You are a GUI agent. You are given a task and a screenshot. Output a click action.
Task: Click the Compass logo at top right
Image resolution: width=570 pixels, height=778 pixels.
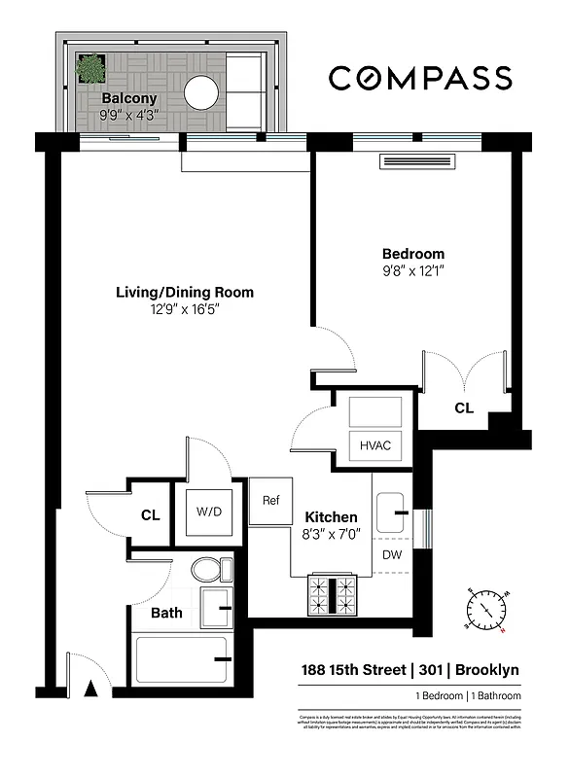click(x=419, y=78)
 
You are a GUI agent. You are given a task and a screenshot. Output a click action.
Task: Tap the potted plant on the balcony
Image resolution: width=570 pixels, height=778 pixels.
click(x=91, y=69)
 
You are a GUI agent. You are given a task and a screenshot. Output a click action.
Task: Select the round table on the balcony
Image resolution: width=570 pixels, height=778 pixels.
click(x=203, y=93)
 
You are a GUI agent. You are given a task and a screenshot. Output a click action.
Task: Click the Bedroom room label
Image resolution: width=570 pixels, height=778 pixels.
click(x=412, y=254)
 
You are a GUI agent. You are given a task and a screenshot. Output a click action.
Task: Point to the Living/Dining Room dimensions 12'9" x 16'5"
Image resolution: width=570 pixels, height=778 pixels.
click(x=185, y=310)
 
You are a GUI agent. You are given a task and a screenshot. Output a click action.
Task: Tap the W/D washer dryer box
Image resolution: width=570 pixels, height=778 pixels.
click(x=208, y=512)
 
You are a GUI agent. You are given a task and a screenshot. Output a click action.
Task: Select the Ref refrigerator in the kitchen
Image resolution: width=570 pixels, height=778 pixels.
click(x=270, y=501)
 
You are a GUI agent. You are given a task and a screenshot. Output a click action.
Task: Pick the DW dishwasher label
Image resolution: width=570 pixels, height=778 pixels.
click(x=392, y=554)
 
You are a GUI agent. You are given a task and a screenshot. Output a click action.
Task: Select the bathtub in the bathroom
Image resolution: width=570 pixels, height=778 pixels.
click(x=181, y=659)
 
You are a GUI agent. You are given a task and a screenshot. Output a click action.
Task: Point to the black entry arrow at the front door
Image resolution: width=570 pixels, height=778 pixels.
click(x=91, y=690)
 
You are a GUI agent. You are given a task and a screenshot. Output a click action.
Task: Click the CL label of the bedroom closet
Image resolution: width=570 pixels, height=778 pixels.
click(x=464, y=408)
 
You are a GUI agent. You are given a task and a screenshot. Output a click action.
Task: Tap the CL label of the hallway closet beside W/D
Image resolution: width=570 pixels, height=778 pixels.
click(x=150, y=515)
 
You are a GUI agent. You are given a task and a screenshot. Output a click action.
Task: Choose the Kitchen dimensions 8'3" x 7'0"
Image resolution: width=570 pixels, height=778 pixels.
click(x=332, y=534)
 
